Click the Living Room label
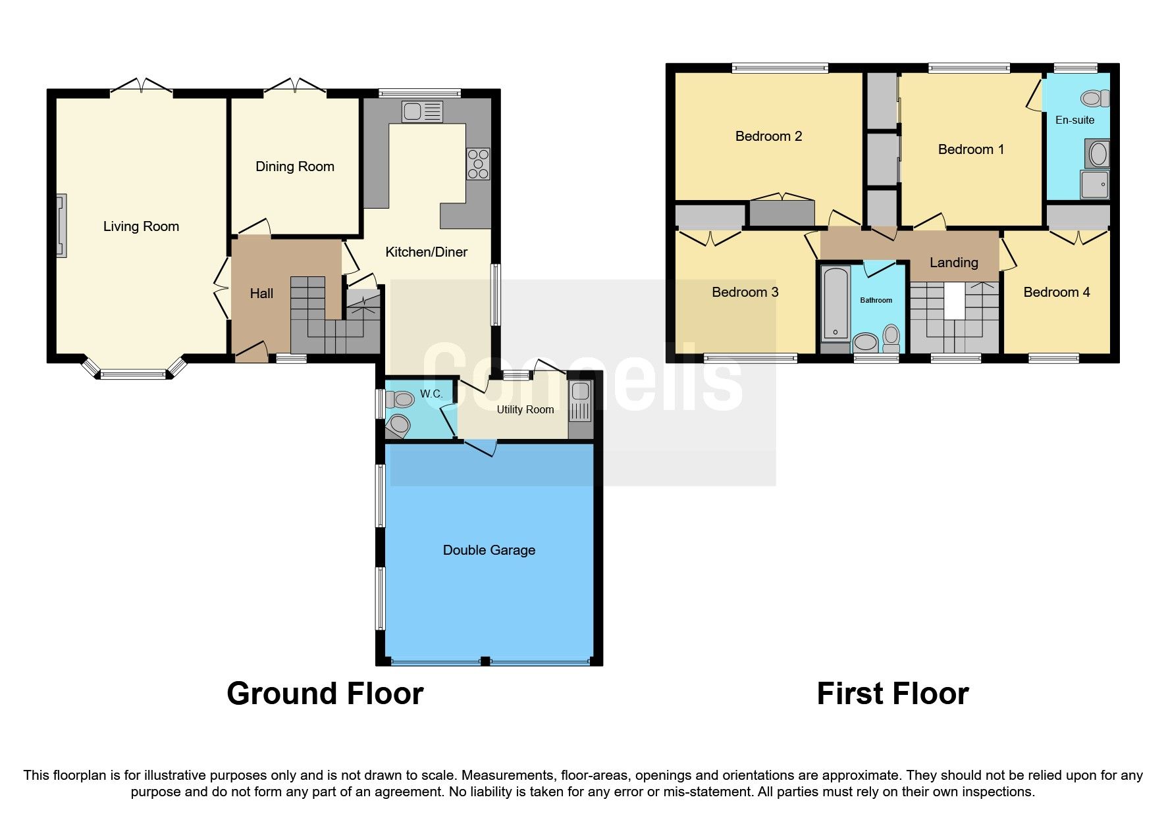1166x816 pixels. pos(141,226)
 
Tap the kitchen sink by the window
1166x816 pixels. pos(422,112)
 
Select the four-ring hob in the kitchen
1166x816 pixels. pos(478,164)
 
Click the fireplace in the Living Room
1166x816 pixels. pos(61,226)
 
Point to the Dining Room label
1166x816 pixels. pos(294,166)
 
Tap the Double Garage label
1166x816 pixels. pos(489,550)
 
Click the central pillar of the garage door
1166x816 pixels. pos(485,661)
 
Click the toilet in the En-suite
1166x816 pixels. pos(1094,99)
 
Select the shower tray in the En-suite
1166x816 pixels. pos(1095,185)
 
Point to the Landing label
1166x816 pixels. pos(953,263)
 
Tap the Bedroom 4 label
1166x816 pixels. pos(1056,292)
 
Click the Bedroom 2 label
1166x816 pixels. pos(768,136)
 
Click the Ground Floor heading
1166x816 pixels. pos(325,694)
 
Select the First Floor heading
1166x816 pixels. pos(892,694)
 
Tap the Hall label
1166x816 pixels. pos(261,293)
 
